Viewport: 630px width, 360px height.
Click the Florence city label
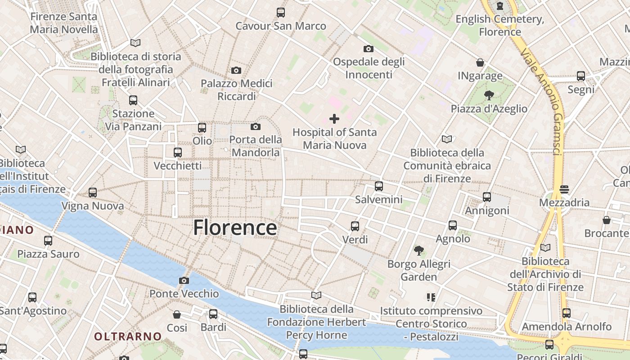[x=235, y=228]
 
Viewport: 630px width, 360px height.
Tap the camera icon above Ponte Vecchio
[x=184, y=281]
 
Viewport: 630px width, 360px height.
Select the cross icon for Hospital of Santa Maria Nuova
[x=334, y=119]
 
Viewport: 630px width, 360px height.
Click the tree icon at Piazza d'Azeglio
[x=489, y=95]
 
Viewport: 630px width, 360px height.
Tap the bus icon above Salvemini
[x=379, y=186]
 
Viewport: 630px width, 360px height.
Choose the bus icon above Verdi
[x=355, y=226]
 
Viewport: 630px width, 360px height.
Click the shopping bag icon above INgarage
[x=480, y=63]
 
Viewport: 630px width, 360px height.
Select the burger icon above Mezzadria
[x=564, y=189]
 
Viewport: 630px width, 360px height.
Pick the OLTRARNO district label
[x=128, y=336]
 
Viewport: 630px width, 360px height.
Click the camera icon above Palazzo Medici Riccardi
[x=236, y=70]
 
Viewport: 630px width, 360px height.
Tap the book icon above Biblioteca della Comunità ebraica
[x=446, y=139]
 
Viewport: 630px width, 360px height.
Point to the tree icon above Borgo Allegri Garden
[x=419, y=250]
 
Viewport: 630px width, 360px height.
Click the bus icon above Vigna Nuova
[x=93, y=193]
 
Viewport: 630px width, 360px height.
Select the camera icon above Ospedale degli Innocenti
[x=369, y=49]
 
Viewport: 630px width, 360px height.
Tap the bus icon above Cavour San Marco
[x=281, y=13]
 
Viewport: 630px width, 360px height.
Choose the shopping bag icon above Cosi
[x=177, y=314]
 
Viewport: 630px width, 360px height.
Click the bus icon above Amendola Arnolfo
[x=567, y=313]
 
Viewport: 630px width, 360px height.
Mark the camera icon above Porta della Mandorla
[x=256, y=126]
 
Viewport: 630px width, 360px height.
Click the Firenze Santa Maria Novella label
[x=64, y=23]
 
